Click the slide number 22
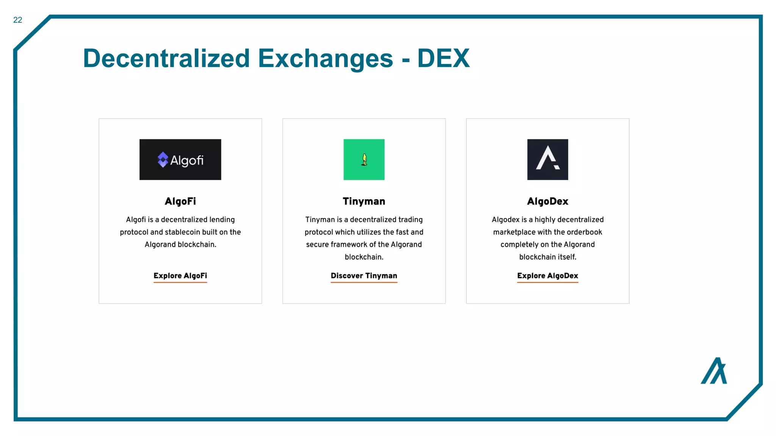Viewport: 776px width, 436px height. pyautogui.click(x=18, y=20)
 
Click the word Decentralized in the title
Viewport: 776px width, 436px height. pyautogui.click(x=166, y=59)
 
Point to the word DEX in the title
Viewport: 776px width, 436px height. pyautogui.click(x=443, y=59)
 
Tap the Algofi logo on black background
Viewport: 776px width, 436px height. pyautogui.click(x=180, y=160)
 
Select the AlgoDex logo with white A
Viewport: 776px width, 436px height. pyautogui.click(x=548, y=160)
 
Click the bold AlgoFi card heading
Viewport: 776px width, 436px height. pyautogui.click(x=180, y=201)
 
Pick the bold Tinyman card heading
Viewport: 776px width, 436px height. pyautogui.click(x=364, y=201)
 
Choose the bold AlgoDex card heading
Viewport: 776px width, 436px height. pyautogui.click(x=548, y=201)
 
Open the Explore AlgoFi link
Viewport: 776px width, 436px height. pyautogui.click(x=180, y=276)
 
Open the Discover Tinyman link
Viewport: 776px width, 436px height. pyautogui.click(x=364, y=276)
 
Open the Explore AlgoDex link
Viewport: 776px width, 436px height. pyautogui.click(x=548, y=276)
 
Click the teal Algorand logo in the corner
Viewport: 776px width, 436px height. pyautogui.click(x=714, y=371)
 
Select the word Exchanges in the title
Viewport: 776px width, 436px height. pyautogui.click(x=325, y=59)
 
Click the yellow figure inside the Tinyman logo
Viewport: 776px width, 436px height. pyautogui.click(x=365, y=160)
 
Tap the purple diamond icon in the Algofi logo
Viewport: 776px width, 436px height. pyautogui.click(x=163, y=160)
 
